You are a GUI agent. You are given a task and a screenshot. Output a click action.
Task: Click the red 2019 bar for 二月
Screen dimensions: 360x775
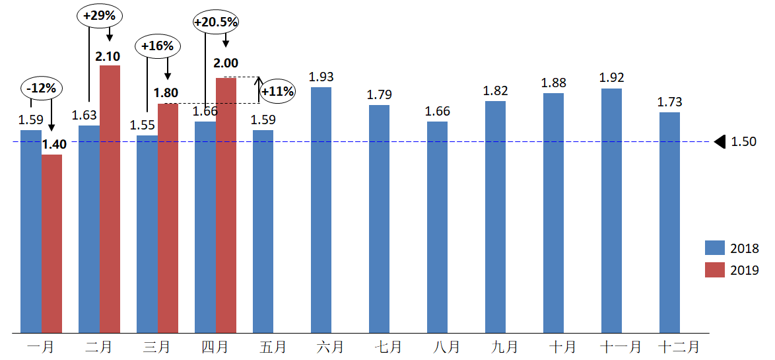point(110,198)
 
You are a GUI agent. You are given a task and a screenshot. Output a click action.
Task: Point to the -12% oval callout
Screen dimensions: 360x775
point(42,88)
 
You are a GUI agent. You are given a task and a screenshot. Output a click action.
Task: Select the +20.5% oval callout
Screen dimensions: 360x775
point(216,22)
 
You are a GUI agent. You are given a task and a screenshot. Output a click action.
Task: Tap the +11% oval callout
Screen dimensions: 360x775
point(277,91)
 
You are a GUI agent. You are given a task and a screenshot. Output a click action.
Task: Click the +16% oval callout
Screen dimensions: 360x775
point(158,46)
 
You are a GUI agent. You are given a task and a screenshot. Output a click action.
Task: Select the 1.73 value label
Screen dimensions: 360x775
point(670,102)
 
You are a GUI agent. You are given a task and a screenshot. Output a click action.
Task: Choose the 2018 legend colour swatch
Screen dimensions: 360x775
point(715,248)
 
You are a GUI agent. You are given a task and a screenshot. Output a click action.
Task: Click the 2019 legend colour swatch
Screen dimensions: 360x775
point(715,270)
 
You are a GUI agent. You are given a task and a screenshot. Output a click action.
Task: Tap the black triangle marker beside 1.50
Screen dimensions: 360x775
point(720,141)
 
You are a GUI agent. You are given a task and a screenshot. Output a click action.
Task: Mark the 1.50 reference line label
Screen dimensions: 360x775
point(744,141)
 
